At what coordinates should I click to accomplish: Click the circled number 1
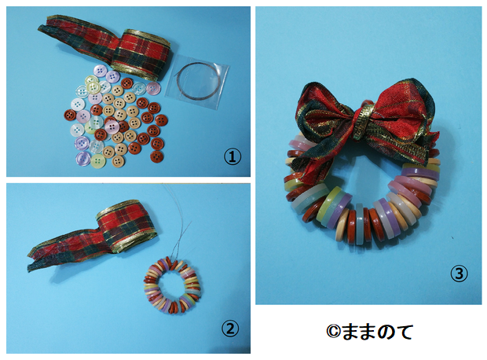point(233,157)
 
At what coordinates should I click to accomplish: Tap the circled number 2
point(230,328)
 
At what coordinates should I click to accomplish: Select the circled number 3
point(459,274)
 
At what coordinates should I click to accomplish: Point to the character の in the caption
point(386,332)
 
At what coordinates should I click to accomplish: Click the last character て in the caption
point(405,332)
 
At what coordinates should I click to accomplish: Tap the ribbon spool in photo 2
point(127,225)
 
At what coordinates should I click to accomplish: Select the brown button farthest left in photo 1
point(70,115)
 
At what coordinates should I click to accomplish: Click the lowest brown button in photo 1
point(156,156)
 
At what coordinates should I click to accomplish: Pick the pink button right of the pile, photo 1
point(153,89)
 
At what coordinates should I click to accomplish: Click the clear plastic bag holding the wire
point(197,82)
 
